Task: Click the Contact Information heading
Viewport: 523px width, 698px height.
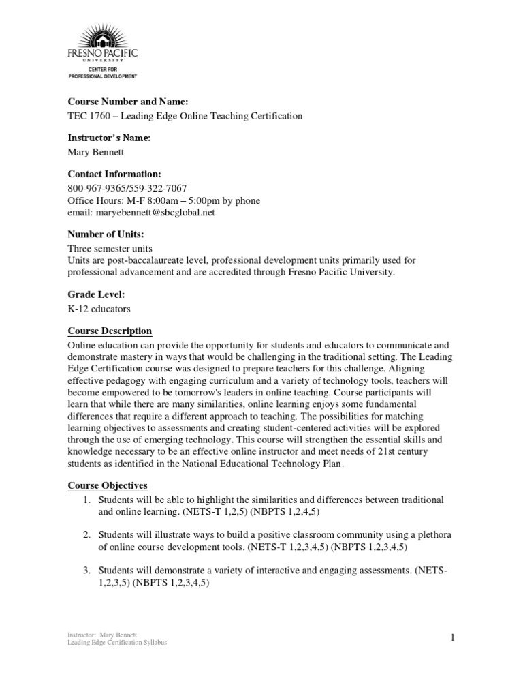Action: tap(114, 174)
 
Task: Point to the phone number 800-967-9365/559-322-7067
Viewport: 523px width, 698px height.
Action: tap(127, 189)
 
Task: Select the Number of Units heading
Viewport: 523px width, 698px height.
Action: tap(106, 234)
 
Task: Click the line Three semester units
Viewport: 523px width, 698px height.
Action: tap(108, 249)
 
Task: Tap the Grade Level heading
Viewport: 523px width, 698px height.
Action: tap(96, 294)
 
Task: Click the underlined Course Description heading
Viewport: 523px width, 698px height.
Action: tap(110, 331)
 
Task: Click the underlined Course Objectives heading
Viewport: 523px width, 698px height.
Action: tap(108, 485)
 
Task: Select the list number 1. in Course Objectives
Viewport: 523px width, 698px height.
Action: tap(87, 500)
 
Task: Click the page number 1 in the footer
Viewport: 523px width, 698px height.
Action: tap(451, 637)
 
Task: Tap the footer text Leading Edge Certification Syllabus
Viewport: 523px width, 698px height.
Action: tap(117, 643)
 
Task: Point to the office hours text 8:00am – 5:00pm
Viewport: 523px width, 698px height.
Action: tap(175, 201)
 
